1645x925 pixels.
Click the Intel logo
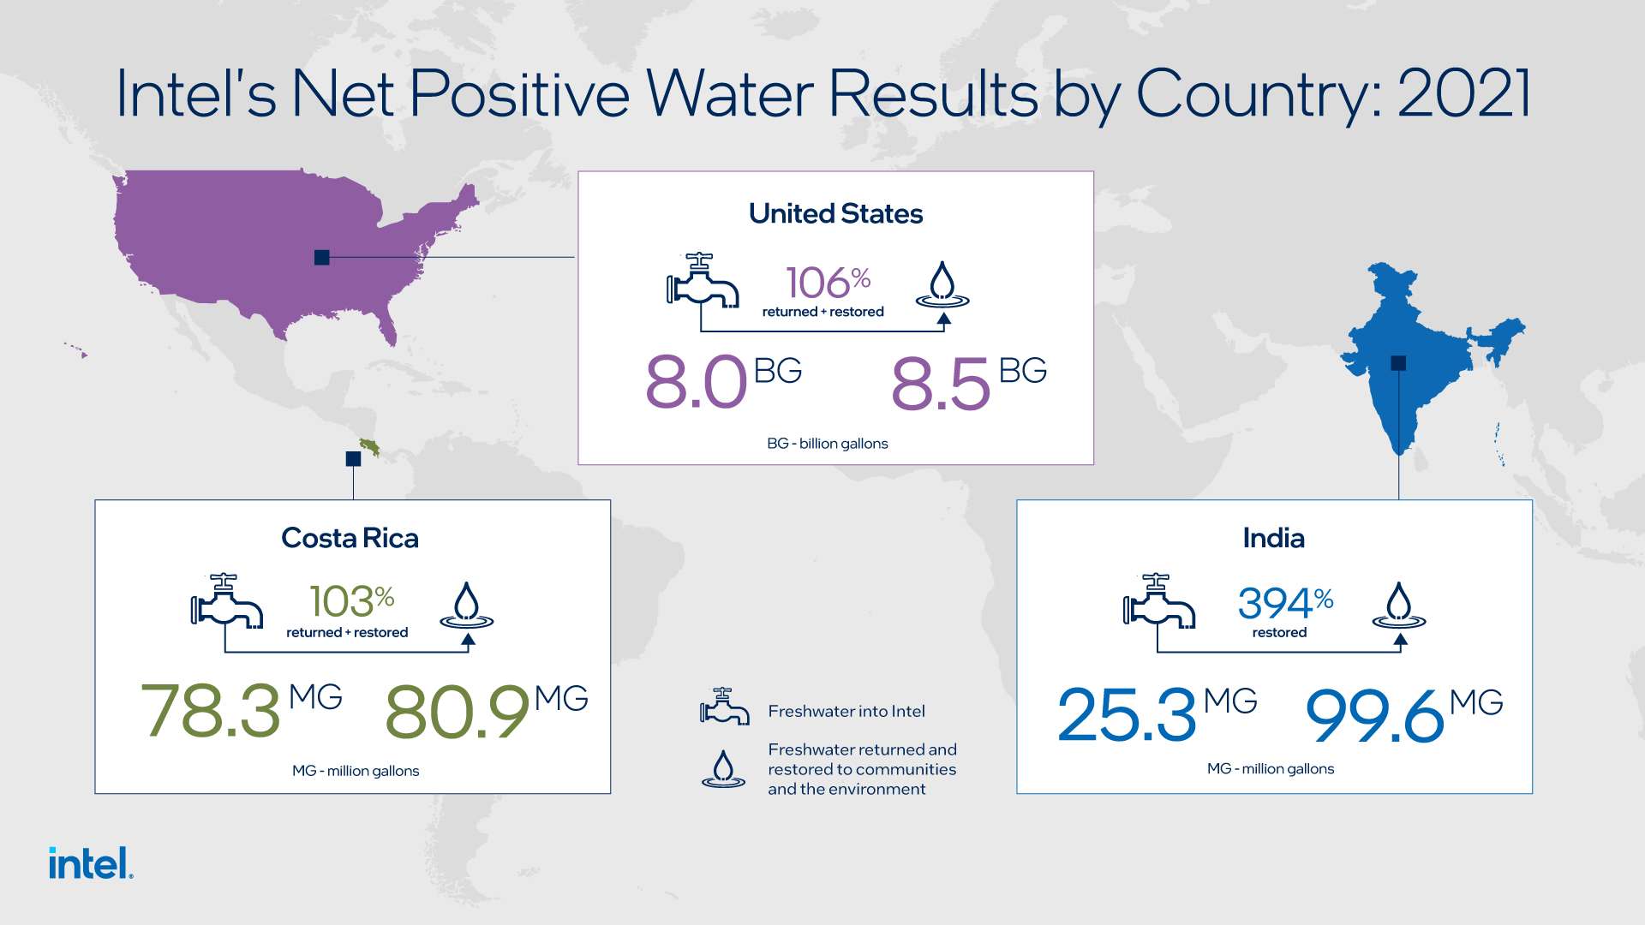click(x=91, y=862)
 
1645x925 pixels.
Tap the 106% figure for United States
click(x=828, y=283)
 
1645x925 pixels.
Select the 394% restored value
click(x=1285, y=603)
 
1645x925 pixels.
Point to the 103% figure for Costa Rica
click(x=351, y=600)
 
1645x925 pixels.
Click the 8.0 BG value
click(x=723, y=381)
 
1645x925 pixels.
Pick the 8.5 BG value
click(x=969, y=381)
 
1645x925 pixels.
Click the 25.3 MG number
click(x=1157, y=713)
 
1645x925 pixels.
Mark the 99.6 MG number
click(x=1404, y=713)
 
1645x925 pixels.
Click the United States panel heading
click(x=836, y=213)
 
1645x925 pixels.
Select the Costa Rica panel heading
click(x=350, y=538)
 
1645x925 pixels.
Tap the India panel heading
click(x=1274, y=538)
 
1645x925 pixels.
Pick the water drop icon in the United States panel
click(x=942, y=284)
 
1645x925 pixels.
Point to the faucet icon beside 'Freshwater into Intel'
click(x=724, y=707)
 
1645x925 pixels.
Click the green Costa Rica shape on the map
click(x=370, y=446)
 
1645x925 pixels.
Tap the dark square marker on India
click(x=1398, y=363)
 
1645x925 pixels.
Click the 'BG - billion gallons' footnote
click(x=828, y=444)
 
